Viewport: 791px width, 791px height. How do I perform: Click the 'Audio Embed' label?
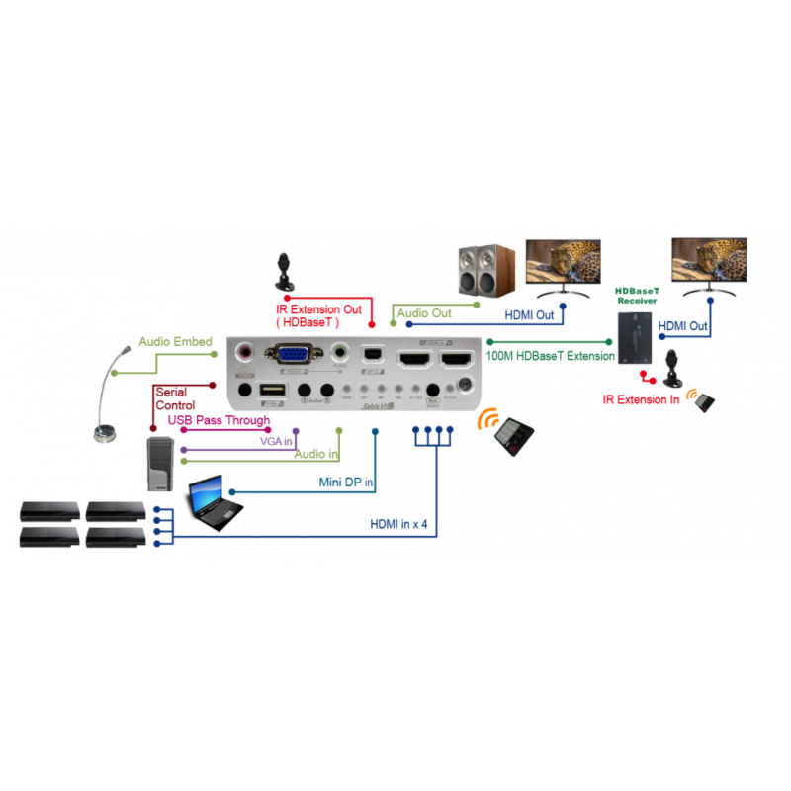(x=175, y=342)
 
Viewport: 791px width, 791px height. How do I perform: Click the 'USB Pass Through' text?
(x=219, y=421)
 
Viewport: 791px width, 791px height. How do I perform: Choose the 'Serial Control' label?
(x=175, y=399)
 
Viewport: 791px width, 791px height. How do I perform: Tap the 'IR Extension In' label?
(x=642, y=400)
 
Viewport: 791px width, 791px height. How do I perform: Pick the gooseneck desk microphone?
(x=107, y=395)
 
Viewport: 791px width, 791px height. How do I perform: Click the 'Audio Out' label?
(x=424, y=313)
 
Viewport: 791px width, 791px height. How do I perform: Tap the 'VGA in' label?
(x=276, y=441)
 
